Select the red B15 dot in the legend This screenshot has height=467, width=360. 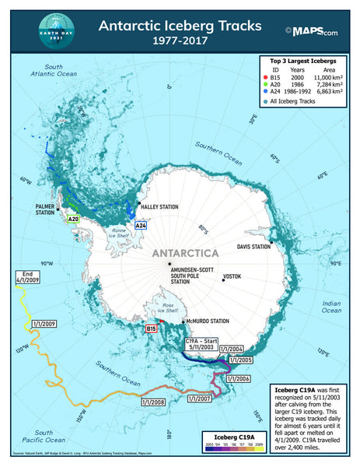pyautogui.click(x=265, y=79)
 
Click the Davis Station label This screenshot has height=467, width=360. pyautogui.click(x=254, y=247)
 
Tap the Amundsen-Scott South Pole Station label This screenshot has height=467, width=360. pyautogui.click(x=192, y=275)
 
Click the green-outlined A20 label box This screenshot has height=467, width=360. pyautogui.click(x=74, y=220)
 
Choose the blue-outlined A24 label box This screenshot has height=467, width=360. pyautogui.click(x=141, y=225)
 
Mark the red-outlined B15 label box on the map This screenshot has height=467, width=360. pyautogui.click(x=152, y=330)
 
